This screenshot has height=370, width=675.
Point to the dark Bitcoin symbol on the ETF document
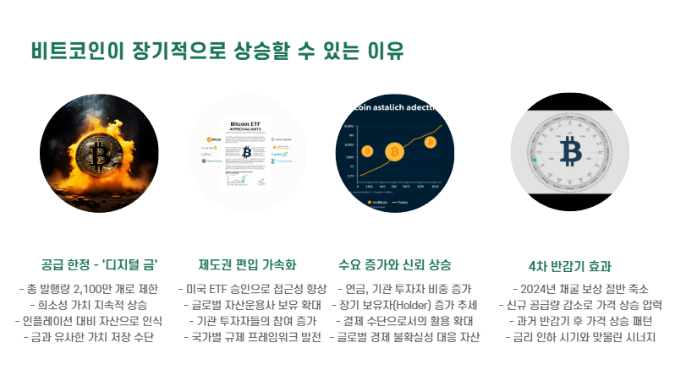pos(247,152)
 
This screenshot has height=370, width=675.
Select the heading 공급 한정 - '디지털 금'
pos(99,264)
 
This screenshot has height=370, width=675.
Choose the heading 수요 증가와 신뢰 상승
pos(394,264)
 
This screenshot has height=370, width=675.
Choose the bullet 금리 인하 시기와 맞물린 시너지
pos(579,337)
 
